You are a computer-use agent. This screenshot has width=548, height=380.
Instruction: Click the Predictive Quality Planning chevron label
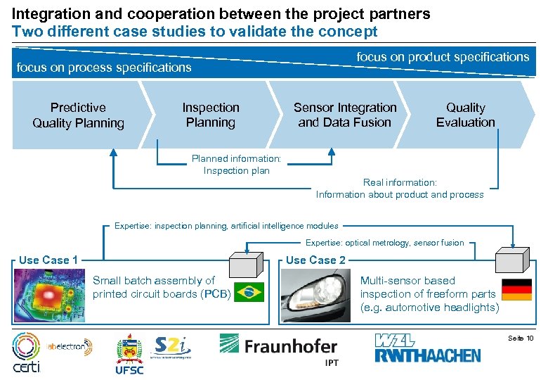pos(78,115)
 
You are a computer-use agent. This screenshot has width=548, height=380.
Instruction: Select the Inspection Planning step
pos(210,115)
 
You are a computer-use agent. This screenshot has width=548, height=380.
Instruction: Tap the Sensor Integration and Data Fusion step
pos(344,115)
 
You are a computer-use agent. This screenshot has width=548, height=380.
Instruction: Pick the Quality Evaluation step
pos(465,115)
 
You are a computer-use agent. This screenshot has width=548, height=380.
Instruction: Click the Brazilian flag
pos(248,291)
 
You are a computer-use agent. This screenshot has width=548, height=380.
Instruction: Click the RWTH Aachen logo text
pos(429,350)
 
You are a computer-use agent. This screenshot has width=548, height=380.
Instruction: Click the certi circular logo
pos(27,352)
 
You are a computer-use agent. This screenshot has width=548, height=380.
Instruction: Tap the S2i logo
pos(171,346)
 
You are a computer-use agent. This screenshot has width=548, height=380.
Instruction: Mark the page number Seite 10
pos(521,339)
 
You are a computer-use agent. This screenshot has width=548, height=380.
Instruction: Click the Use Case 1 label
pos(48,260)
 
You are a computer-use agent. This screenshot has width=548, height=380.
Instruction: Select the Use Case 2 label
pos(315,260)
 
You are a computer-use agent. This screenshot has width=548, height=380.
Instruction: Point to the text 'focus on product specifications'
pos(443,57)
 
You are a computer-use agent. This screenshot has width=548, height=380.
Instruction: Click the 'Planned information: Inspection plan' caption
pos(236,165)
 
